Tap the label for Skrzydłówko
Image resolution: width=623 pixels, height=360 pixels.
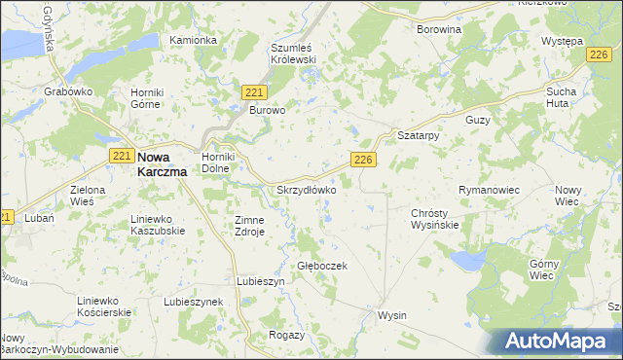click(307, 190)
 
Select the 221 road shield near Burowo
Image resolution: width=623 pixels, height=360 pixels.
click(254, 91)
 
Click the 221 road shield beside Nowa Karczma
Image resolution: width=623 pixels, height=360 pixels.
click(122, 156)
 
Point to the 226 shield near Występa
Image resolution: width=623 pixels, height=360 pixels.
click(600, 58)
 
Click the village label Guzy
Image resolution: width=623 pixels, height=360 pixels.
click(477, 119)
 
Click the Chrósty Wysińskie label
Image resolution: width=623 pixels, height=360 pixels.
click(434, 218)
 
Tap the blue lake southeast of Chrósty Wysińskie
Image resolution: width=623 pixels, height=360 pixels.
click(466, 260)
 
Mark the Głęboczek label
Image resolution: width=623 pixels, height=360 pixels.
click(322, 265)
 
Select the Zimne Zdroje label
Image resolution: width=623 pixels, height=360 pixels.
click(249, 226)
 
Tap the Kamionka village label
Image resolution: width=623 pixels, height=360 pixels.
click(193, 40)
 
